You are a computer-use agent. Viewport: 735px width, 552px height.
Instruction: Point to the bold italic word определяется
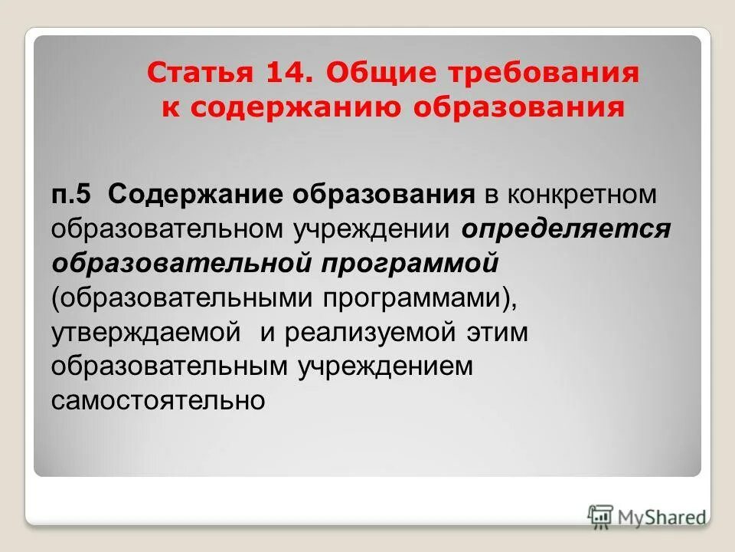pos(566,228)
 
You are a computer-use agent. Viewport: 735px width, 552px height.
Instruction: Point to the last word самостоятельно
pos(158,399)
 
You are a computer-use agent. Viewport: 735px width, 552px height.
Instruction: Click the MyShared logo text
pos(661,517)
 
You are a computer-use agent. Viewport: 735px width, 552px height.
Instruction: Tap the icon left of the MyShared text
pos(601,516)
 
